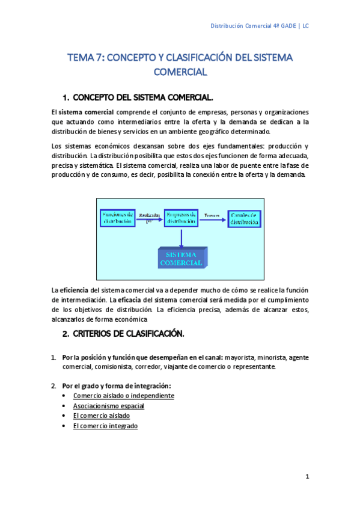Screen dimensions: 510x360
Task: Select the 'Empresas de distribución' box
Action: tap(181, 218)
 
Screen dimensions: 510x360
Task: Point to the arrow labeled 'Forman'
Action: tap(213, 219)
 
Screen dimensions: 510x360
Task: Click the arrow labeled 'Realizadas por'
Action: tap(148, 220)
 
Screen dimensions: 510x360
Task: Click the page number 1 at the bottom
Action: tap(307, 477)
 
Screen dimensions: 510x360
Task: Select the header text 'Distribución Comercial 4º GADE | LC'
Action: tap(259, 26)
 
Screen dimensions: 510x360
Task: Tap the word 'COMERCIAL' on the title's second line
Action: tap(180, 72)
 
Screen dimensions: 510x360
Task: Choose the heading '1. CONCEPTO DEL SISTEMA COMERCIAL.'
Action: tap(138, 97)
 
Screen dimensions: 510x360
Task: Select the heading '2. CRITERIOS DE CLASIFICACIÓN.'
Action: tap(123, 334)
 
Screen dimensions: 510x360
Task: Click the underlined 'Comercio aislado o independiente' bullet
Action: tap(123, 396)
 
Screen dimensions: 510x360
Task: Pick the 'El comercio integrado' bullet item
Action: tap(105, 426)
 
